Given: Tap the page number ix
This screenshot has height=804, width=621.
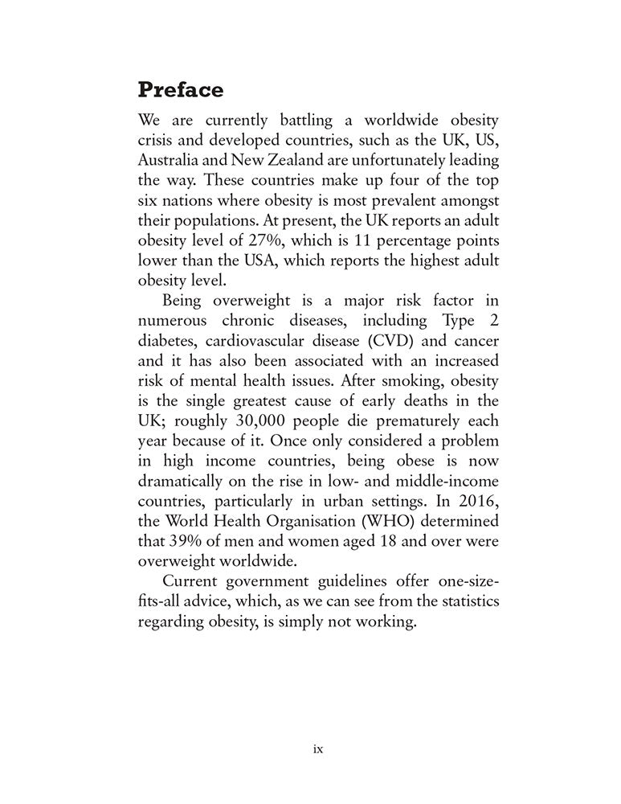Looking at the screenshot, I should pos(318,749).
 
